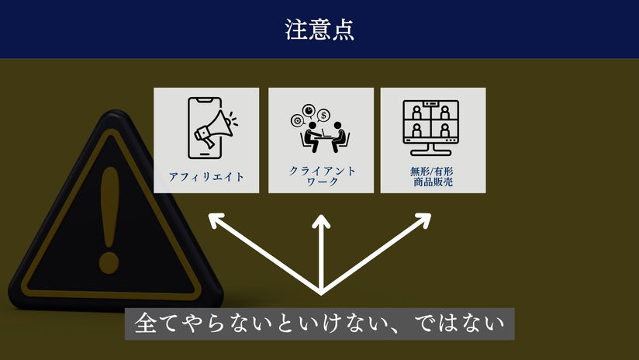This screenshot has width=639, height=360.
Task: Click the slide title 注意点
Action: coord(319,29)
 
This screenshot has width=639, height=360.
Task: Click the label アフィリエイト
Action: coord(206,177)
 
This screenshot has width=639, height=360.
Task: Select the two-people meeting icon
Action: coord(320,129)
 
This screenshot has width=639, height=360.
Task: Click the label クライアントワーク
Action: coord(320,175)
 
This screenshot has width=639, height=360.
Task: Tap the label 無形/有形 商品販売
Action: coord(432,176)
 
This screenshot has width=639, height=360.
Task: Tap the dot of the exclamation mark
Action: coord(109,258)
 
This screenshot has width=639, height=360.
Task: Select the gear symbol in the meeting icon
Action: coord(295,120)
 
